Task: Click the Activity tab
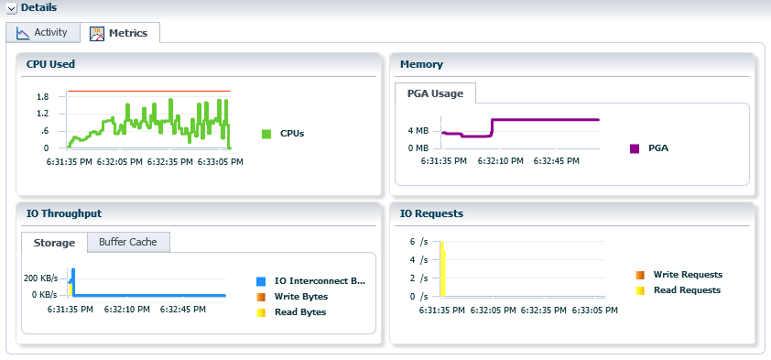[x=42, y=33]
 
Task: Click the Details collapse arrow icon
[x=12, y=8]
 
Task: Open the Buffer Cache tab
[x=128, y=242]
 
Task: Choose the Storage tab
[x=54, y=243]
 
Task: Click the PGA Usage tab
[x=435, y=93]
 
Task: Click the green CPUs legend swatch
[x=266, y=134]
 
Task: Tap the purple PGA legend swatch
[x=635, y=148]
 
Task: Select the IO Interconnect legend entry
[x=319, y=280]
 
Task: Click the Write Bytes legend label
[x=300, y=296]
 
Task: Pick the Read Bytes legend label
[x=299, y=311]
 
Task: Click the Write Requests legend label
[x=688, y=274]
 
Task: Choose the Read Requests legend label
[x=687, y=289]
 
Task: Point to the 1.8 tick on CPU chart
[x=42, y=96]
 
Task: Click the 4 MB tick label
[x=418, y=130]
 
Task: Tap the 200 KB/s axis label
[x=40, y=277]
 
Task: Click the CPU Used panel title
[x=50, y=64]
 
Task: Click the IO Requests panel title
[x=431, y=213]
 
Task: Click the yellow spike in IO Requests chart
[x=442, y=270]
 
